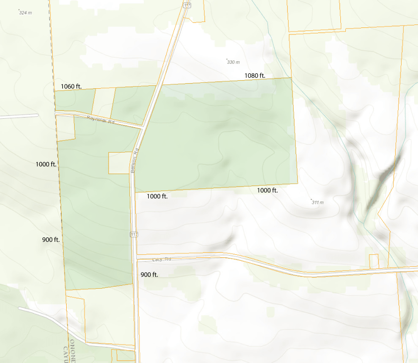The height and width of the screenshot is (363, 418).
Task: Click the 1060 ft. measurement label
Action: (x=71, y=86)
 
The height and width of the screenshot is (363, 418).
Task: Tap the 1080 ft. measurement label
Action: (x=255, y=75)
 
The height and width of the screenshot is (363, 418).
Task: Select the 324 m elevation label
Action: (x=25, y=12)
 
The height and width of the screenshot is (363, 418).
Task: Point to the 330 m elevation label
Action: (x=233, y=62)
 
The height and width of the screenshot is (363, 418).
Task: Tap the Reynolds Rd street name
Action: (x=101, y=120)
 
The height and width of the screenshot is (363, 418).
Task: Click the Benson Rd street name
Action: (x=133, y=161)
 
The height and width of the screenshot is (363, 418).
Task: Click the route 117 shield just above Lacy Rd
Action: (x=134, y=234)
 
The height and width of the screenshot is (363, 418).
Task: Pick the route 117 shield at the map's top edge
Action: (x=186, y=4)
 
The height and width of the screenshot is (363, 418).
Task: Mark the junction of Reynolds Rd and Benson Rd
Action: (x=143, y=128)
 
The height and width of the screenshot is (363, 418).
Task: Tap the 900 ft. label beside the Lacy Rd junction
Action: (x=149, y=275)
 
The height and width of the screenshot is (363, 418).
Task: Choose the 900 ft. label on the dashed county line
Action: (x=51, y=240)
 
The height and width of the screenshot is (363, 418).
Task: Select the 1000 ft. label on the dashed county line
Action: (x=46, y=164)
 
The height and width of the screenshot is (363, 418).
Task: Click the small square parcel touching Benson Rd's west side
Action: (x=119, y=163)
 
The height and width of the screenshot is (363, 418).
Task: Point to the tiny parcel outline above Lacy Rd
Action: (x=374, y=261)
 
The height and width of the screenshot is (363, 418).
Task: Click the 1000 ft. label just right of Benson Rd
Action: (x=157, y=196)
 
